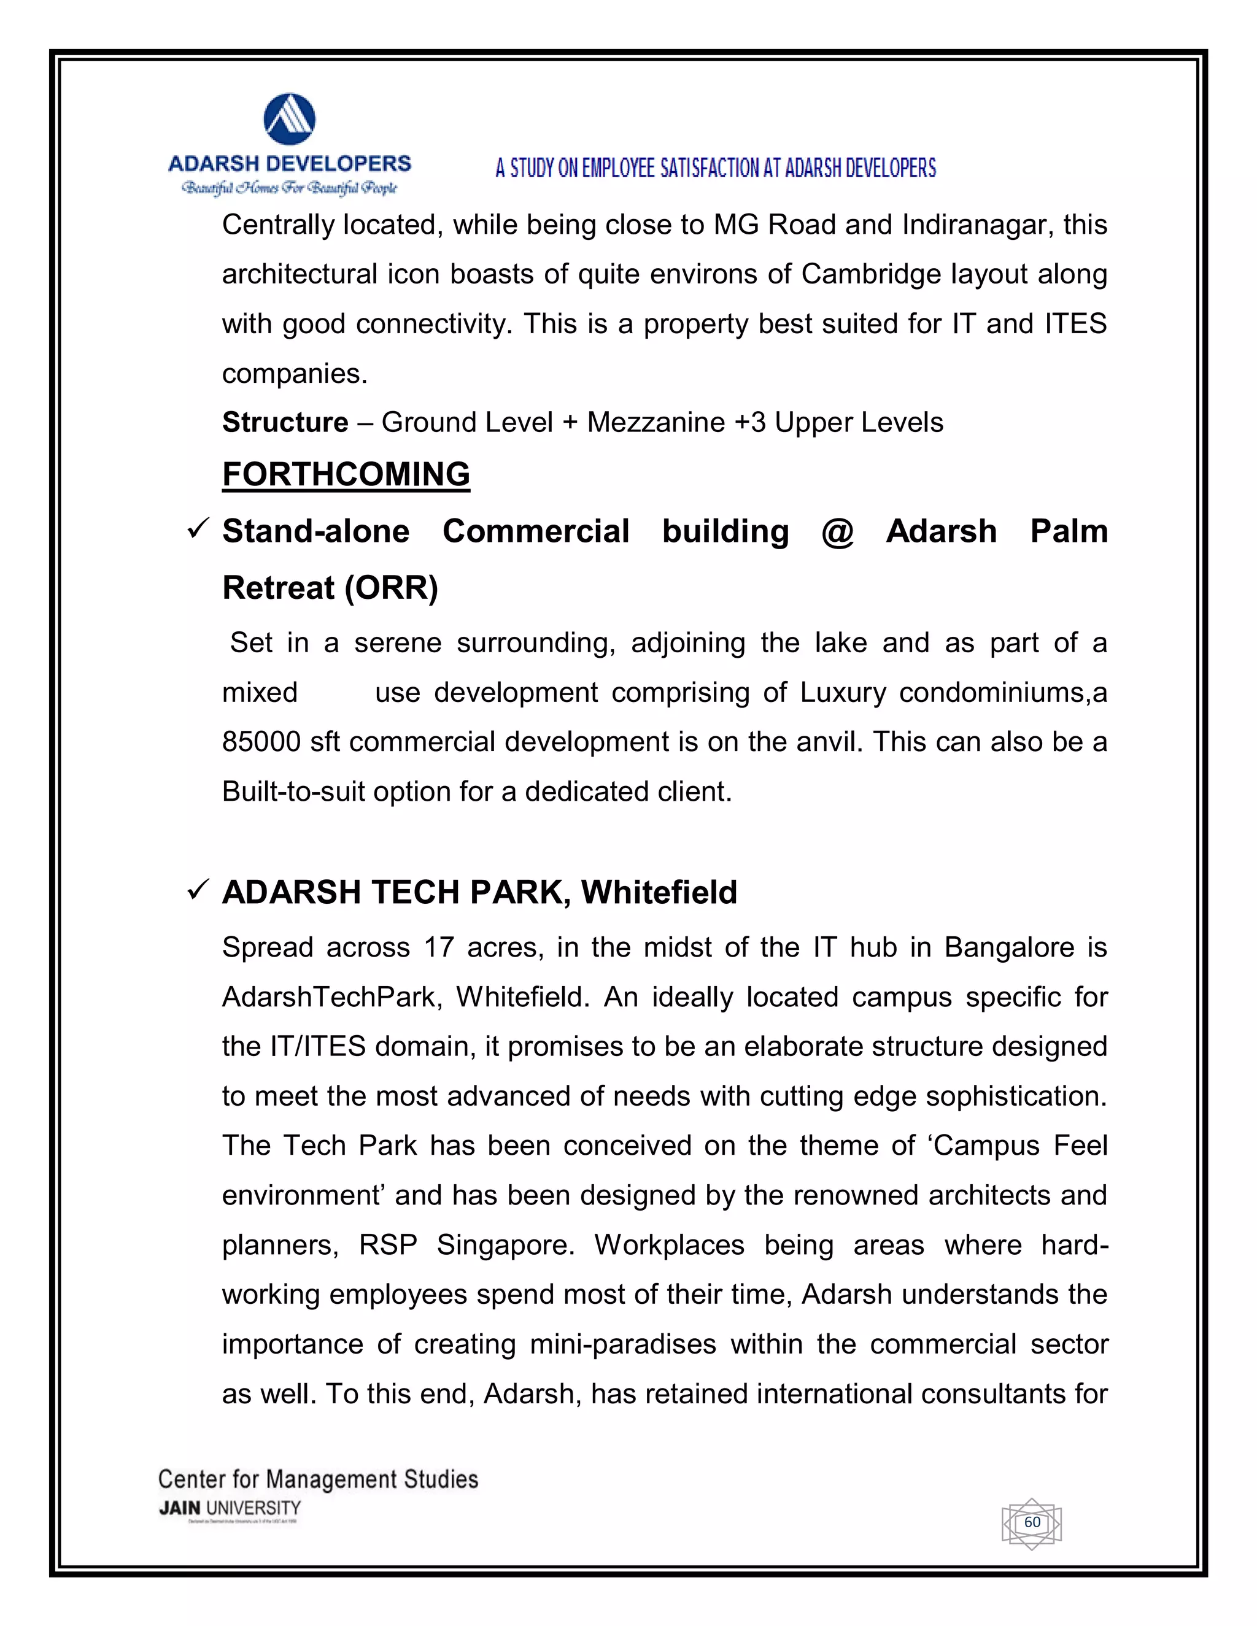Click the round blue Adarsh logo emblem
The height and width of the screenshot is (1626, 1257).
point(290,118)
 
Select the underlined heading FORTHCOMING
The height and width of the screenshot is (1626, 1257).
point(346,474)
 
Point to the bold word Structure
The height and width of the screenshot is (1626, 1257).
point(285,423)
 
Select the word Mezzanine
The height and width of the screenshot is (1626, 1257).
point(656,423)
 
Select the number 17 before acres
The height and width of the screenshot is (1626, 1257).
point(439,948)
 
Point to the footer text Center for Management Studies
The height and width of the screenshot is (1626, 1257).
point(318,1479)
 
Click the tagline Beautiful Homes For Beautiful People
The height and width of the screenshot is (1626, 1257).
point(290,188)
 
